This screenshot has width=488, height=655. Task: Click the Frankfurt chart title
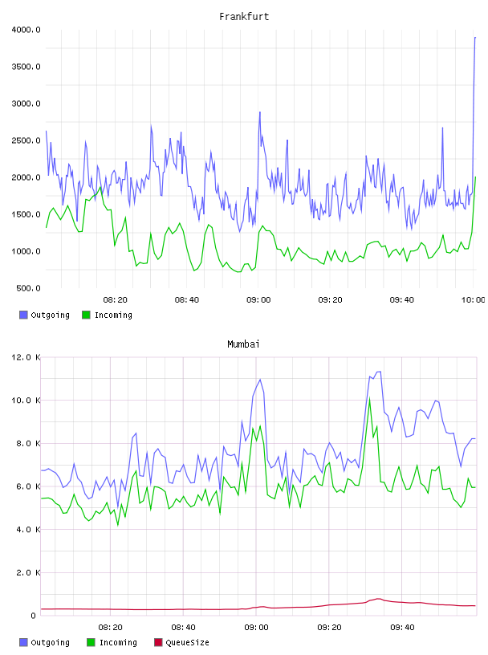coord(244,16)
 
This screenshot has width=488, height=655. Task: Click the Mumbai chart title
coord(243,344)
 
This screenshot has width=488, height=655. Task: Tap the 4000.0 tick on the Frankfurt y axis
coord(26,30)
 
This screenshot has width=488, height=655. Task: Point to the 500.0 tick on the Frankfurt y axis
coord(28,288)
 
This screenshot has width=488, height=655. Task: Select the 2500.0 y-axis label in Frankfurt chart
coord(26,140)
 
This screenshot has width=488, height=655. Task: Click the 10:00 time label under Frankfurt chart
coord(473,299)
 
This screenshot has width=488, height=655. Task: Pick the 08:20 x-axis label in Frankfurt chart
coord(115,299)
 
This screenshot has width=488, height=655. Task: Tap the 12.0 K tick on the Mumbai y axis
coord(26,357)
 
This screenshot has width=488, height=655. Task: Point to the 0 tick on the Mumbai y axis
coord(33,616)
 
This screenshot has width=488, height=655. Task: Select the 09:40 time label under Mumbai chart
coord(402,627)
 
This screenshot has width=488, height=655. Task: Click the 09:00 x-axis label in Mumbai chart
coord(256,627)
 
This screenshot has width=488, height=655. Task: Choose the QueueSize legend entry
coord(181,642)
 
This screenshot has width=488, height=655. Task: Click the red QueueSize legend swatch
coord(158,642)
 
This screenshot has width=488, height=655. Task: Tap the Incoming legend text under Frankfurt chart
coord(113,315)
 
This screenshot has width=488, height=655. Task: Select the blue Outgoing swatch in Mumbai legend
coord(23,642)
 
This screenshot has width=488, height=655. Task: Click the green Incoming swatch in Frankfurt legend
coord(86,315)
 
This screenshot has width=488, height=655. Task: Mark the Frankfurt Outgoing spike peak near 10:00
coord(475,38)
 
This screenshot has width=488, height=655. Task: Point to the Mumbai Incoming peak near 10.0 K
coord(369,398)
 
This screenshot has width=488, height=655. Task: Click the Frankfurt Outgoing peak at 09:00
coord(260,112)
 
